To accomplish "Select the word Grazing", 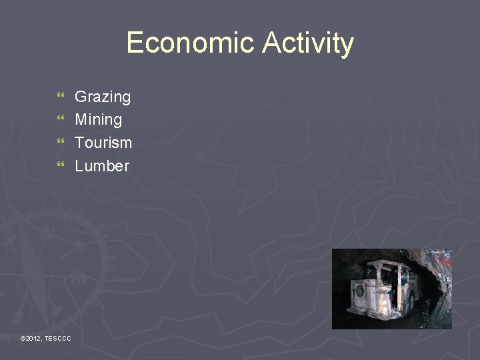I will [103, 97].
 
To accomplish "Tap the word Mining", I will [99, 120].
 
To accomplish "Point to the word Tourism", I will [103, 143].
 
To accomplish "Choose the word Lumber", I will [102, 166].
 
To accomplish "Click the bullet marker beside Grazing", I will [61, 97].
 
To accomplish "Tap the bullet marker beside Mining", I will [61, 120].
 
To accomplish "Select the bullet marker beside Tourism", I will [61, 143].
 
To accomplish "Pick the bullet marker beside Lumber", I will [61, 165].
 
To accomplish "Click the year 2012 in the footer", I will [33, 339].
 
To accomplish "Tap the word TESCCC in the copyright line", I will [58, 339].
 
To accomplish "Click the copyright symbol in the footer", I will [23, 339].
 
